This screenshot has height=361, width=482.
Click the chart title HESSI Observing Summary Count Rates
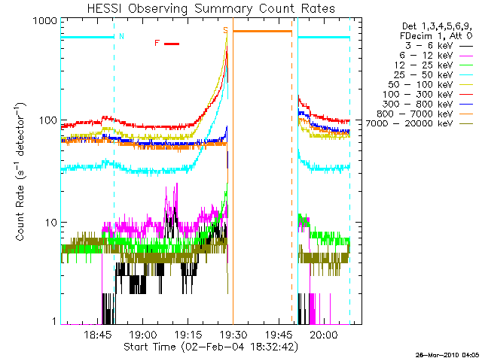coord(211,8)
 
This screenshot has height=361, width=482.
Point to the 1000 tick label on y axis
coord(45,20)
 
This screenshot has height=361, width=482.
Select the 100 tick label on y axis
coord(48,120)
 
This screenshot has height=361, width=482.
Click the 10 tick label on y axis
coord(51,223)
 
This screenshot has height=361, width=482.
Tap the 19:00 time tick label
coord(143,334)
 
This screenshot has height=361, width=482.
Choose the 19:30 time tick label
coord(233,334)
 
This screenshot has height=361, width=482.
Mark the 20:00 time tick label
coord(324,334)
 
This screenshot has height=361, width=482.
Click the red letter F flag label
coord(157,43)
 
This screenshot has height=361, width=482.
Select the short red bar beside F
coord(172,44)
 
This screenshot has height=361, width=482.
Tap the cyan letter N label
coord(121,36)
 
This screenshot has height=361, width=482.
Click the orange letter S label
coord(226,30)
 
